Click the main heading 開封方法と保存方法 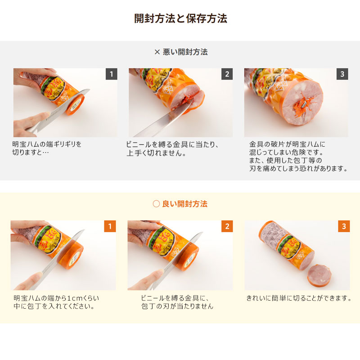180,18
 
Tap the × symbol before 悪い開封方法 157,52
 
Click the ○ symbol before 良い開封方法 156,204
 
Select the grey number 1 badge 111,74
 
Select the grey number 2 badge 227,74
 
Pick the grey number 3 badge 342,74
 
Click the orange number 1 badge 110,226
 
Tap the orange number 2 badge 227,226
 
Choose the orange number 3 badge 344,226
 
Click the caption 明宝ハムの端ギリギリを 47,144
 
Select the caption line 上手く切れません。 156,153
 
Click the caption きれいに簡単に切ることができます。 299,298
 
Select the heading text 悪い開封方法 185,52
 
